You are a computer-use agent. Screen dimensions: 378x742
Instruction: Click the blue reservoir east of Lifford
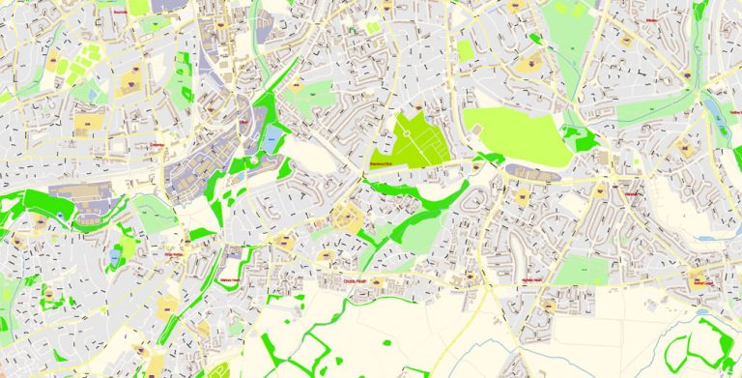[x=273, y=137]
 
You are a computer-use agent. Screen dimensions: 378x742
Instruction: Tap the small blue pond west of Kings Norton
[x=117, y=255]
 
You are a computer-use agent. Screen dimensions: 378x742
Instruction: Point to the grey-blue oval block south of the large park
[x=530, y=172]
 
